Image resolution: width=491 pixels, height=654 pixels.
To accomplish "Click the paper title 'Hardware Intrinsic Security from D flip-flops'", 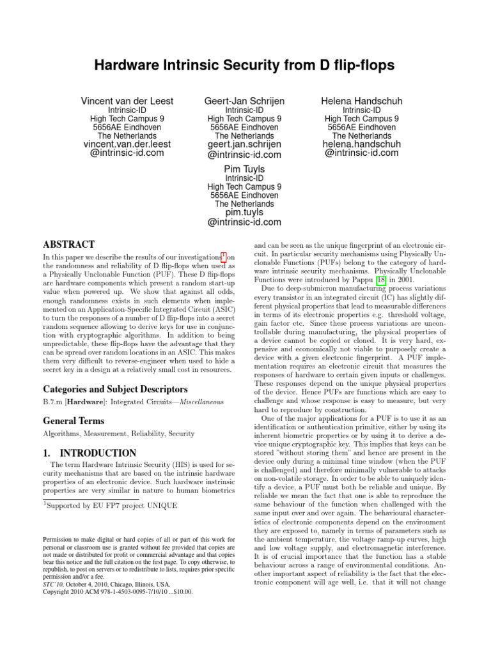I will click(245, 65).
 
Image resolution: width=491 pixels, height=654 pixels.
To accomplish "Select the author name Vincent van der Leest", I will click(127, 101).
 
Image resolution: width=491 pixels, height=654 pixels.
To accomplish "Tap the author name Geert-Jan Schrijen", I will click(244, 101).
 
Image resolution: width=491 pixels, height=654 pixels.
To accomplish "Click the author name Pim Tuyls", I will click(244, 169).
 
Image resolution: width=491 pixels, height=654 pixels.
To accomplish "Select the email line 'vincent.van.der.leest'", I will click(127, 144).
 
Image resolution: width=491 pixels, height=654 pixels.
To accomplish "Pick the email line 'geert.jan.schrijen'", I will click(244, 144).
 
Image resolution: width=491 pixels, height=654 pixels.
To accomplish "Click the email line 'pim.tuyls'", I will click(244, 212).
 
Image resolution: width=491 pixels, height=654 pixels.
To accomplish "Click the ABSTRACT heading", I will click(68, 245).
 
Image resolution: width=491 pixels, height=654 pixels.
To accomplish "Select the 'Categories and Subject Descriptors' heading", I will click(106, 389).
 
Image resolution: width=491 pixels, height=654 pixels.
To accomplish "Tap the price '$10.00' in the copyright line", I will click(180, 591).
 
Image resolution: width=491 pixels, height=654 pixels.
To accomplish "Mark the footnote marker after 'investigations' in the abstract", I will click(224, 256).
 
